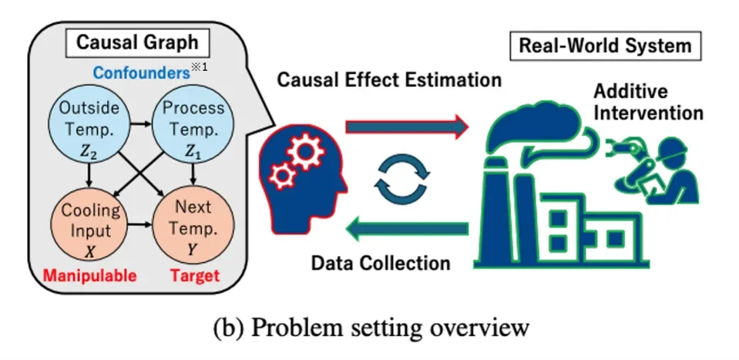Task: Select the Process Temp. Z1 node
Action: (x=193, y=126)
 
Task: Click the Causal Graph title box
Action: (x=138, y=42)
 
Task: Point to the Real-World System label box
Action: (x=605, y=45)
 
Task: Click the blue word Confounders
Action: (x=141, y=72)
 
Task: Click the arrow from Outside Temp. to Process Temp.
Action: (x=141, y=124)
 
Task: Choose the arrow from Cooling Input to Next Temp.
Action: (x=141, y=225)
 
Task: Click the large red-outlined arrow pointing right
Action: (x=407, y=127)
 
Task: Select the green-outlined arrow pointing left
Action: (x=407, y=228)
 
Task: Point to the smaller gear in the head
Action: (x=282, y=177)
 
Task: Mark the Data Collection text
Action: (x=381, y=262)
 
